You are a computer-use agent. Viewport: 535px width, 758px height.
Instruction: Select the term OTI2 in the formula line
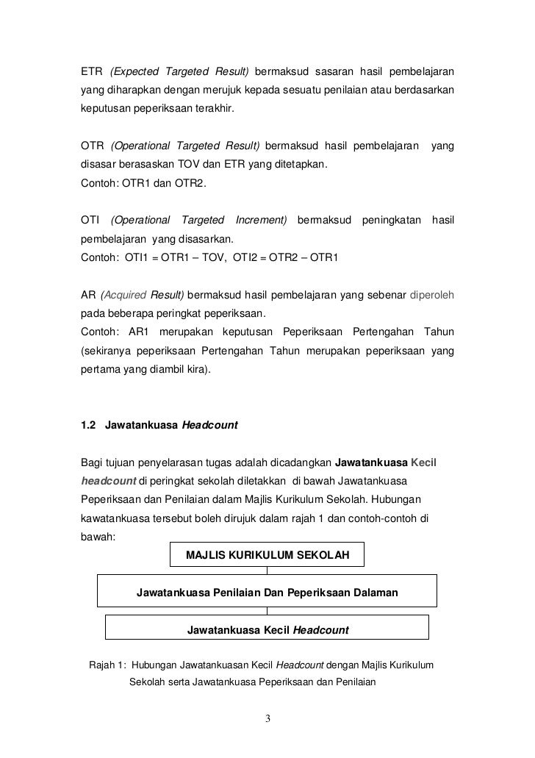pos(246,259)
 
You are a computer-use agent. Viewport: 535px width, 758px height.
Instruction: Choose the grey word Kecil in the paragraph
pos(424,462)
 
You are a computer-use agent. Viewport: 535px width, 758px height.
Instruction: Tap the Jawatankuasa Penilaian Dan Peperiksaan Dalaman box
pos(267,592)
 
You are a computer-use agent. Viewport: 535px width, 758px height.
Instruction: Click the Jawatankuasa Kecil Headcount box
pos(267,629)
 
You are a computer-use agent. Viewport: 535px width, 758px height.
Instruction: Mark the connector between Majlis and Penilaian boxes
pos(267,571)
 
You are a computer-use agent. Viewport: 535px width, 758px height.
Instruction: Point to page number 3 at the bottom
pos(267,718)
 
